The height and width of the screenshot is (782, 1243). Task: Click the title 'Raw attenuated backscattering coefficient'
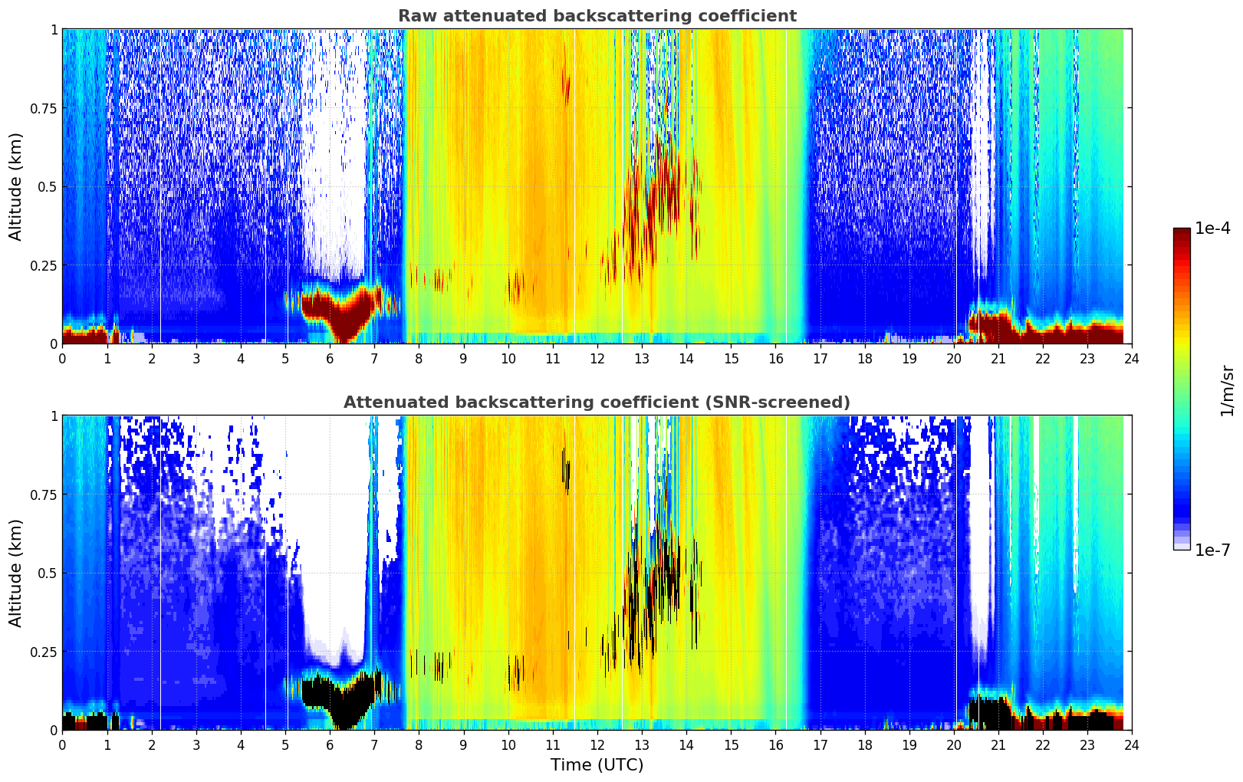click(597, 16)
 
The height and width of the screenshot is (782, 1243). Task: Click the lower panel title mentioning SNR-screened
click(597, 402)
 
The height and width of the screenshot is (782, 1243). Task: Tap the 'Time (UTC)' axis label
click(597, 765)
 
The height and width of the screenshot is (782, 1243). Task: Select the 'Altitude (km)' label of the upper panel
click(16, 186)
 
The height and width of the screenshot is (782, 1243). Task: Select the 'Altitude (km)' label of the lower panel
click(16, 573)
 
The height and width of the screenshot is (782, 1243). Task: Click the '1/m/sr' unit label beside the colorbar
click(1227, 391)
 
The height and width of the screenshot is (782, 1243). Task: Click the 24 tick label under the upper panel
click(1132, 359)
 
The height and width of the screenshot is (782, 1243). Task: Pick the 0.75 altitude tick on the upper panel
click(43, 108)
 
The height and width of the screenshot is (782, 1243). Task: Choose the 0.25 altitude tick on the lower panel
click(43, 652)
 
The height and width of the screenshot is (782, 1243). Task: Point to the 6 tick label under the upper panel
click(330, 359)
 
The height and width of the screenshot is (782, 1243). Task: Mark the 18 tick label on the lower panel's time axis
click(864, 745)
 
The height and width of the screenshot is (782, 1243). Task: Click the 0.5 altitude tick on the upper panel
click(48, 187)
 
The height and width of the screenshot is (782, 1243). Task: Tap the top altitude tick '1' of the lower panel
click(54, 416)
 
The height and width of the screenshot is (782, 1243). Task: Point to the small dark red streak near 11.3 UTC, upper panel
click(567, 88)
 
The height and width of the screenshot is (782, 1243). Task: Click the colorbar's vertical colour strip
click(1181, 389)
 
